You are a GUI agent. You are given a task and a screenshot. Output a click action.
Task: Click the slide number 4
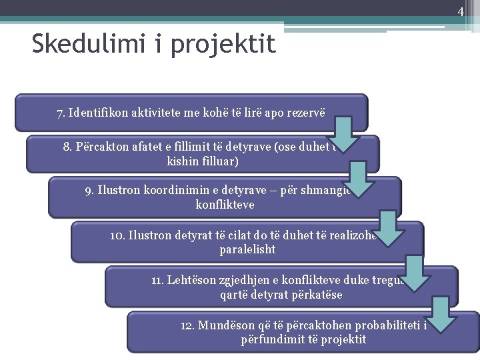(460, 11)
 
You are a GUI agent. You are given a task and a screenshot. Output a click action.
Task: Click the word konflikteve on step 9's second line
(225, 204)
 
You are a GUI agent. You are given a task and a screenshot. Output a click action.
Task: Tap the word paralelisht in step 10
(247, 249)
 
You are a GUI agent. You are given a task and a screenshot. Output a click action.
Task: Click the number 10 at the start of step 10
(116, 235)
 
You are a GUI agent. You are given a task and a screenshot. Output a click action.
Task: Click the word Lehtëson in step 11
(189, 280)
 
